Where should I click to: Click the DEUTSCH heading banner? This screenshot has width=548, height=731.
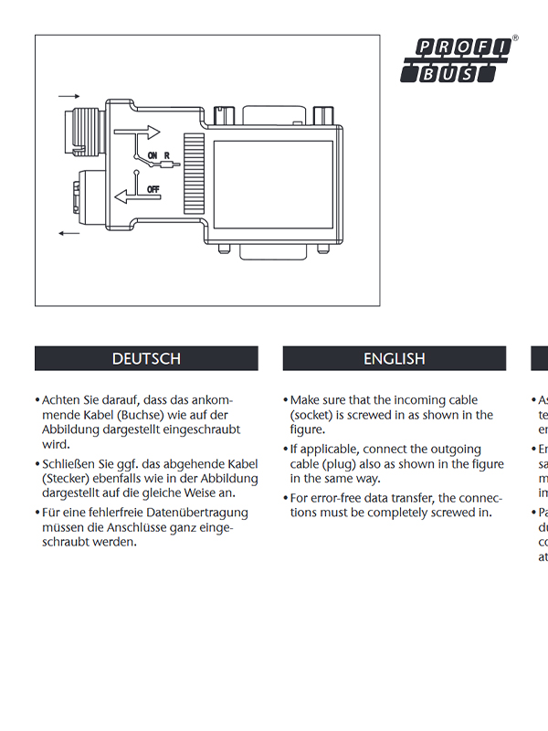[146, 358]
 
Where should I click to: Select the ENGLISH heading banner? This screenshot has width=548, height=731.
[395, 358]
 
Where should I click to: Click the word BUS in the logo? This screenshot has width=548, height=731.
[449, 74]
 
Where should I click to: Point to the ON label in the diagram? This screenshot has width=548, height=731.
[153, 155]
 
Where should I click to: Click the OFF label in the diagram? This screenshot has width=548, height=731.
[153, 188]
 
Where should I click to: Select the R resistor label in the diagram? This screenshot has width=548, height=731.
[167, 155]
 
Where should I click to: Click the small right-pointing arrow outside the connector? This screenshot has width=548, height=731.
[68, 95]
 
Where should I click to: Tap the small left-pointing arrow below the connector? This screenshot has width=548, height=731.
[68, 234]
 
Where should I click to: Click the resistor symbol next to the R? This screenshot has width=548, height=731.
[166, 166]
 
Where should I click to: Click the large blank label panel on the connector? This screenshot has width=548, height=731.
[272, 173]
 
